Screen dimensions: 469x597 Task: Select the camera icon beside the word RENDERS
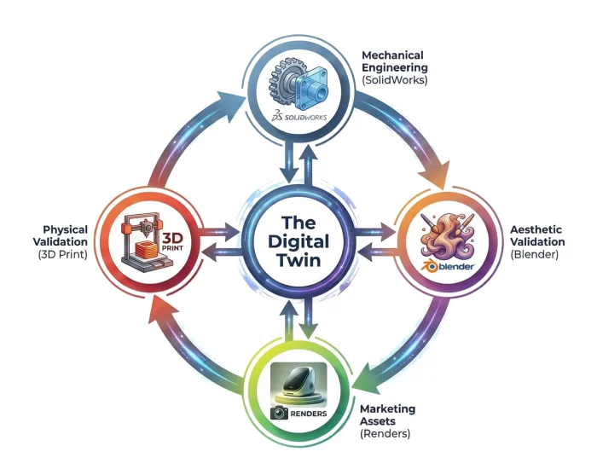pos(278,412)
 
